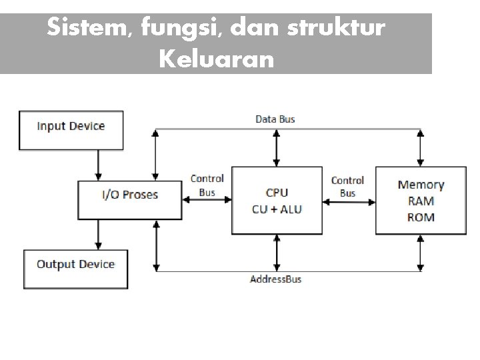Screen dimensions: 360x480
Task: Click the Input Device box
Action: pos(71,129)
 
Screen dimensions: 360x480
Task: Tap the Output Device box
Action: pos(75,267)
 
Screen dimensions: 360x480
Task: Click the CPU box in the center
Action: pos(277,200)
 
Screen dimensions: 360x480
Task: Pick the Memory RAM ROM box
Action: pos(420,200)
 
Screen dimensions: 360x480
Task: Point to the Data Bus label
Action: pos(275,119)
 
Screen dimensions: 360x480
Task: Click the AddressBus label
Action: pos(275,279)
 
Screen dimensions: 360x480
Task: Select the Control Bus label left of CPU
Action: pos(207,185)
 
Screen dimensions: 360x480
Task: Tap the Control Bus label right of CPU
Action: pos(347,187)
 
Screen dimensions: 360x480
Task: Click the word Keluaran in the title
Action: pos(216,60)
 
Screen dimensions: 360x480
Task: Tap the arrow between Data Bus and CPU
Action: pos(276,147)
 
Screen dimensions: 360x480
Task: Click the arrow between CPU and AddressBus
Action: pos(276,253)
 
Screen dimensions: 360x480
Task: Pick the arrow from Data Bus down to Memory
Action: pos(419,147)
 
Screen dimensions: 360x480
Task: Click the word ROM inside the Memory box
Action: pos(420,217)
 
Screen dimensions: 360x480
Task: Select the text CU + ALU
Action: pos(277,209)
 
